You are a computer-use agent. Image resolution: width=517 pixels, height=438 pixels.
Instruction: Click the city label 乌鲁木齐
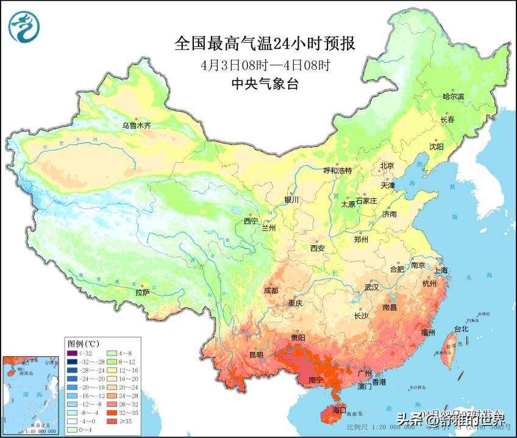[136, 125]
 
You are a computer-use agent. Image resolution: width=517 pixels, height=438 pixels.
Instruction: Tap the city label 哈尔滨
[454, 96]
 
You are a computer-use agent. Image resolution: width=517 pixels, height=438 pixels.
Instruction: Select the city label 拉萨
[143, 293]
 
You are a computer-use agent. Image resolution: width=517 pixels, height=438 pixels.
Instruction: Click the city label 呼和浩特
[337, 171]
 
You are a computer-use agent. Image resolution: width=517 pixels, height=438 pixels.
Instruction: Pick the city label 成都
[271, 290]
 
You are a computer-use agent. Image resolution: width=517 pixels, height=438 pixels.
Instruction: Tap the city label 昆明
[256, 354]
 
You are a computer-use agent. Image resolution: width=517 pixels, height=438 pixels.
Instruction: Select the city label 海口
[339, 409]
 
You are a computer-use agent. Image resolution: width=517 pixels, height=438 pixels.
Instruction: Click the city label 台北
[461, 329]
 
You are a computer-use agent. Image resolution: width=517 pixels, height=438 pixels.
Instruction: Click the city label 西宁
[251, 221]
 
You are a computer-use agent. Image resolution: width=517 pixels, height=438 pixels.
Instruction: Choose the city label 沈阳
[437, 146]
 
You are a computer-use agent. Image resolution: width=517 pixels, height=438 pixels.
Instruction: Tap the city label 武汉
[371, 287]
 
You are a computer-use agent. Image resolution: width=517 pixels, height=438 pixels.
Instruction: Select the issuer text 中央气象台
[265, 85]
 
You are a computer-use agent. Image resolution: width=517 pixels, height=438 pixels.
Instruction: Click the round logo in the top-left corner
[24, 27]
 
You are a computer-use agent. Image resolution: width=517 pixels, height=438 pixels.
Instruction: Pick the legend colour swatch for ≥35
[112, 421]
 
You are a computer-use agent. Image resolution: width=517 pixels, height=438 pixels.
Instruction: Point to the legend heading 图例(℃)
[84, 343]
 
